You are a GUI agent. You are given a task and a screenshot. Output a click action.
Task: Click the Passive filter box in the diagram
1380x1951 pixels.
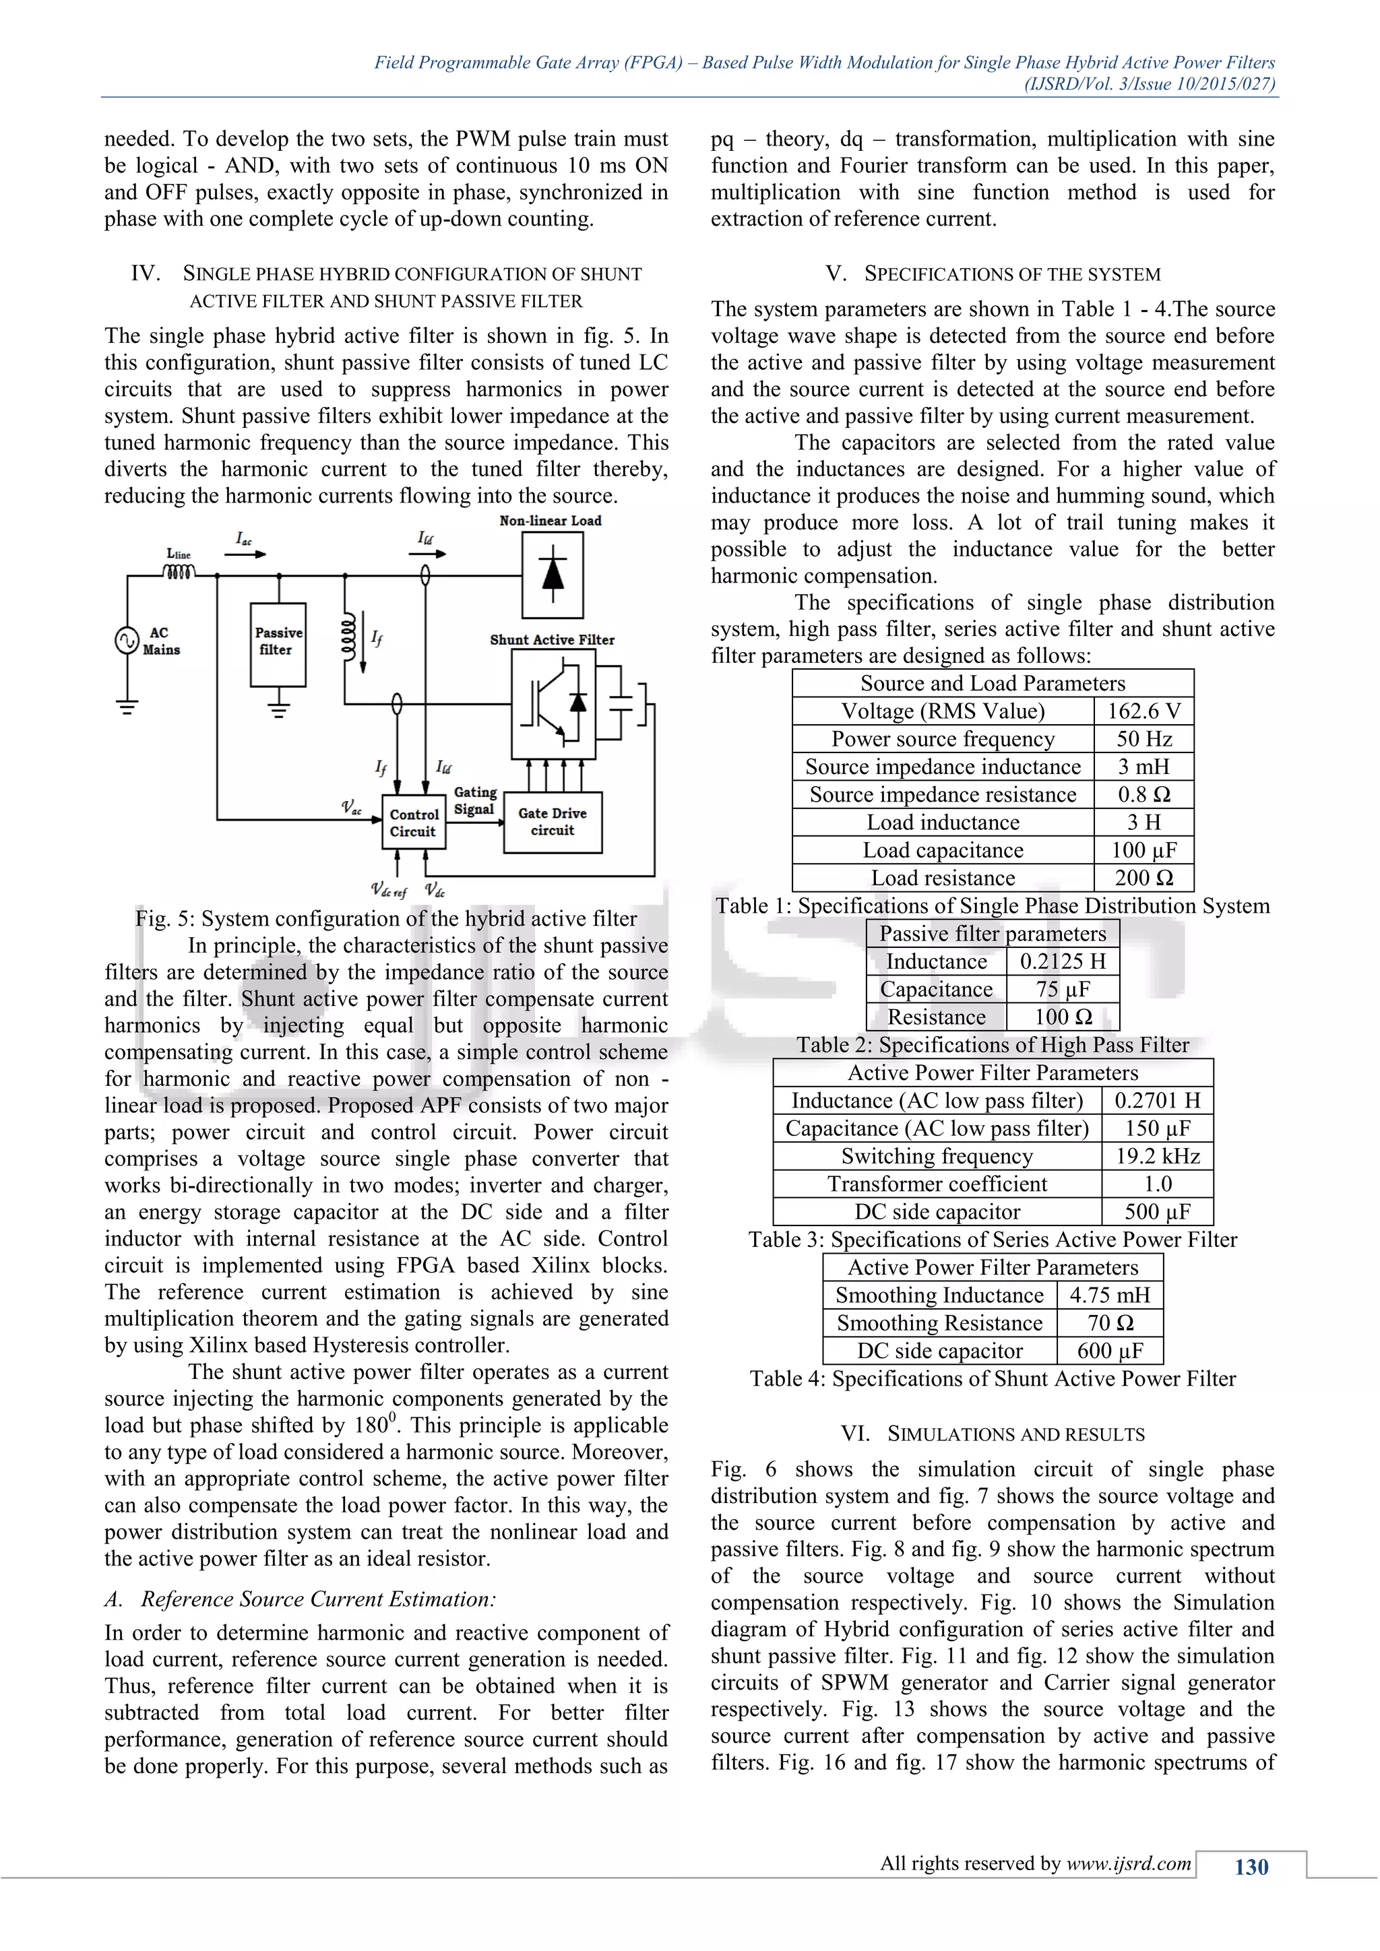(x=278, y=643)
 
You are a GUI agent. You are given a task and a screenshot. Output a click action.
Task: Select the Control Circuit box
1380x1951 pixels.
(x=414, y=822)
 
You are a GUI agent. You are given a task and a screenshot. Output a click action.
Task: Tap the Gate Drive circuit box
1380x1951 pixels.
(x=553, y=822)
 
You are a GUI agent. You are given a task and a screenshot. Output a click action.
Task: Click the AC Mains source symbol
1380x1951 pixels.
(x=127, y=640)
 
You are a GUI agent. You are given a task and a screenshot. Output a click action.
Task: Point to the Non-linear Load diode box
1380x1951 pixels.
(x=553, y=575)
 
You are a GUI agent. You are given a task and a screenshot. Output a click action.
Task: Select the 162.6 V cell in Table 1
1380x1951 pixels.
(x=1143, y=711)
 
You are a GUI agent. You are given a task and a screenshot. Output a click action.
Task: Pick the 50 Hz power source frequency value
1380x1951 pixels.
(x=1143, y=739)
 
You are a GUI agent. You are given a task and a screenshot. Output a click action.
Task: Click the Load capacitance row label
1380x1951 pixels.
(x=943, y=851)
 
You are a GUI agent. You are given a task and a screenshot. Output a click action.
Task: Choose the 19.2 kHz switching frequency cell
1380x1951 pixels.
(x=1158, y=1157)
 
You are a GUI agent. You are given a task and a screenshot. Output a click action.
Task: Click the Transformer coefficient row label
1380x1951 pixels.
(x=937, y=1184)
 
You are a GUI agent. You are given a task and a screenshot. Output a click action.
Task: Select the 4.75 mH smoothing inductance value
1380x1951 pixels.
(x=1109, y=1296)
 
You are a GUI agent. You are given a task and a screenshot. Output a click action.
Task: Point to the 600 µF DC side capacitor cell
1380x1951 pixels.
(x=1109, y=1351)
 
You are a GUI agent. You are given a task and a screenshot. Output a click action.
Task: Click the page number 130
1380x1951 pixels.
(x=1251, y=1867)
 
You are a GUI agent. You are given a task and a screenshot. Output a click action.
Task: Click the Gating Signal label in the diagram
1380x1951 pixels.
(x=474, y=800)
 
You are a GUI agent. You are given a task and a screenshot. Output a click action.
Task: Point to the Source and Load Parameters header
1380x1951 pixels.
(x=993, y=683)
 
